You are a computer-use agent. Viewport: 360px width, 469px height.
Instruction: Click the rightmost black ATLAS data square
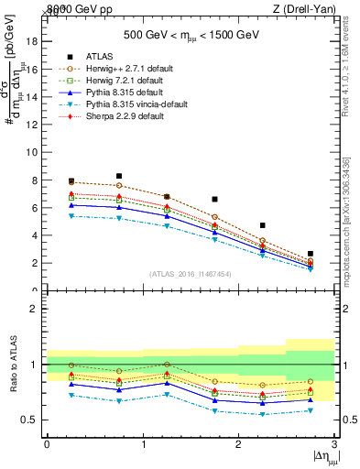311,254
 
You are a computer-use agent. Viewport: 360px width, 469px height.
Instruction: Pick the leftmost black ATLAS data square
71,181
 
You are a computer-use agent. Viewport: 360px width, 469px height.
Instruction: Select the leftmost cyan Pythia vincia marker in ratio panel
71,395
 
